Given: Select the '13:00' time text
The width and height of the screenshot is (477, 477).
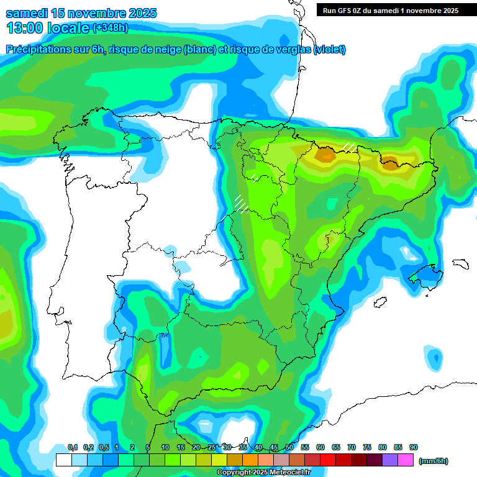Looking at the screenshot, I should pos(24,28).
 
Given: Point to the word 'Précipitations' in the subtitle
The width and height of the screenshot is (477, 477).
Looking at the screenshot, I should pos(41,49).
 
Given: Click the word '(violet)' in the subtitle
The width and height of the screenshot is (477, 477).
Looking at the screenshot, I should pos(330,49).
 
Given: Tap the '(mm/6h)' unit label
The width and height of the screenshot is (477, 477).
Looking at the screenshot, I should pos(434,461).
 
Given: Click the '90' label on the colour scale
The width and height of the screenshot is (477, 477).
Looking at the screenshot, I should pos(414,447).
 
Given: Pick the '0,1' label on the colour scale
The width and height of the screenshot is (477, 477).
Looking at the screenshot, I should pos(73,447).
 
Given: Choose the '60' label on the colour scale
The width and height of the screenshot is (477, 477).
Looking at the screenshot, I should pos(320,447).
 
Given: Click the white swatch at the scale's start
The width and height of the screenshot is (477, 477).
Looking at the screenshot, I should pos(63,460).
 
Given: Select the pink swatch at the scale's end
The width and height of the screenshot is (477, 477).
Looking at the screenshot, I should pos(406,460).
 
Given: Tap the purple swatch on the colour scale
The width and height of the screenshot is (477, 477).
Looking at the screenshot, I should pos(390,460).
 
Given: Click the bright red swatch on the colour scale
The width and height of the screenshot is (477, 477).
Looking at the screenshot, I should pos(328,460).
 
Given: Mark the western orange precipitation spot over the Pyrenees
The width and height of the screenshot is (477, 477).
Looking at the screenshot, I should pos(325,154).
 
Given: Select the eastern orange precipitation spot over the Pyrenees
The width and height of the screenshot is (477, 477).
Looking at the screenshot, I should pos(390,164).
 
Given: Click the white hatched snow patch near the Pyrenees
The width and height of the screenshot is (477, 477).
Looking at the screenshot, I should pos(350,147).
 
